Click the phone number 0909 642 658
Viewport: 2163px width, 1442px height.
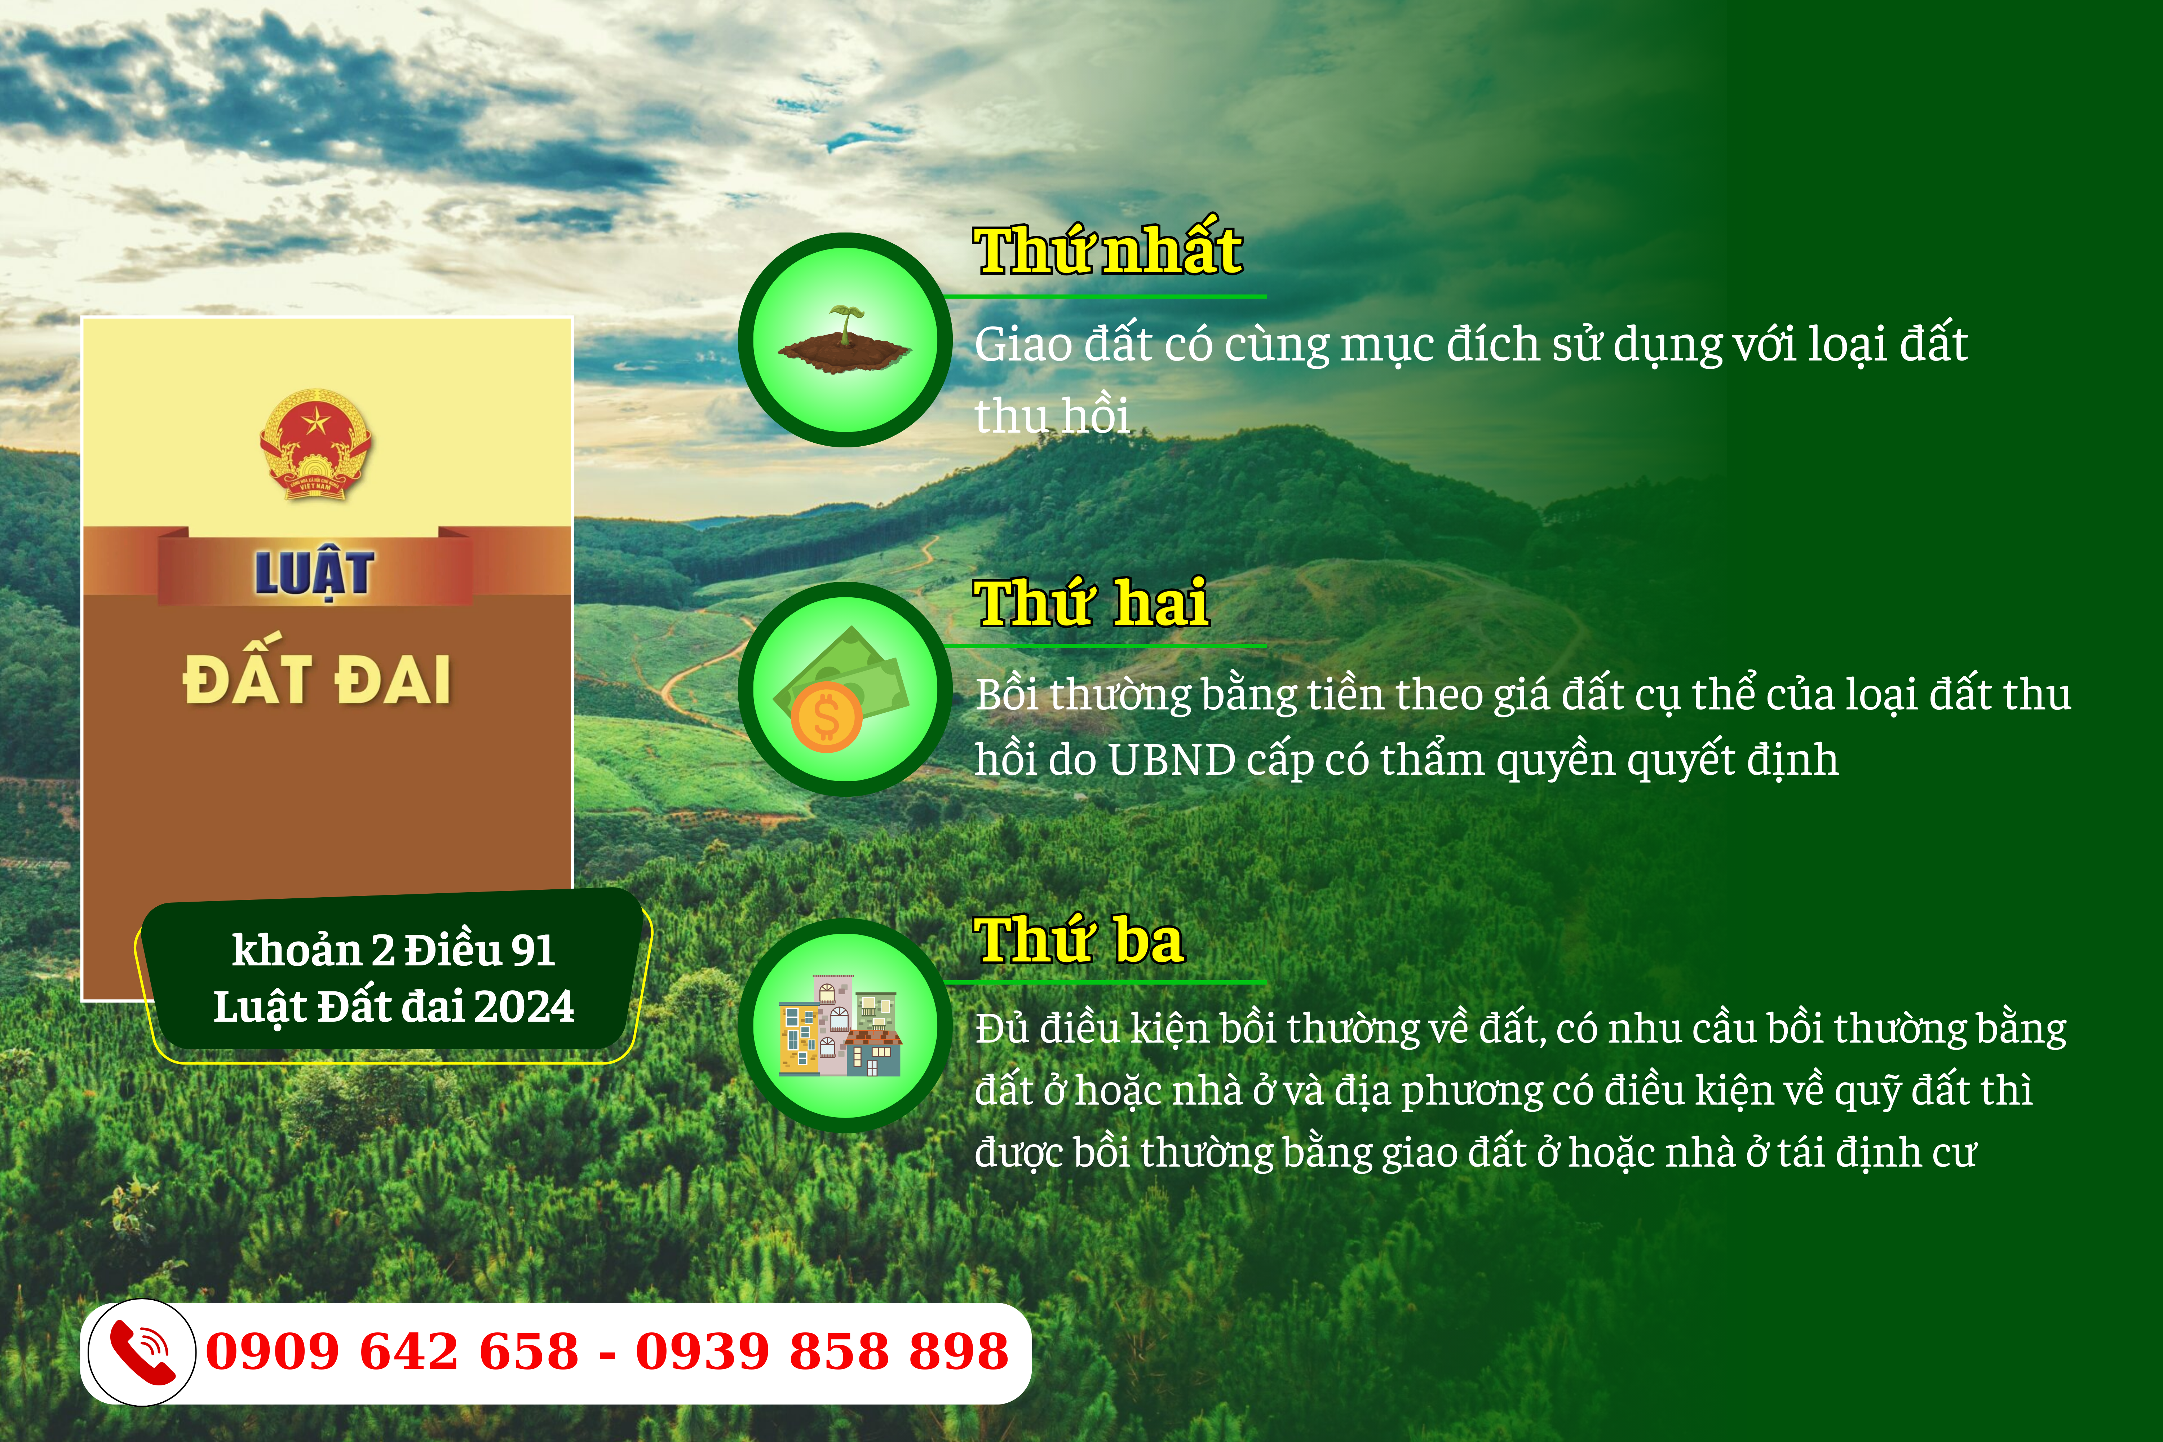click(392, 1352)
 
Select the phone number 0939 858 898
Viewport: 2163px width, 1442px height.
click(822, 1352)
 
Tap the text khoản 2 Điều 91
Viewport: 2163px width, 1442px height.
click(394, 950)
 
